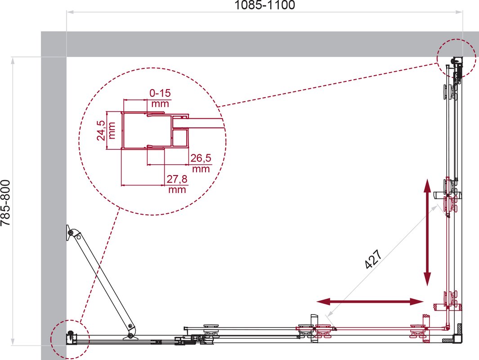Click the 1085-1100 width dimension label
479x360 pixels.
264,5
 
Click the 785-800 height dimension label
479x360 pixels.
5,202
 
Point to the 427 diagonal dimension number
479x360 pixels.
373,260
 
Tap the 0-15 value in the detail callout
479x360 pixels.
160,93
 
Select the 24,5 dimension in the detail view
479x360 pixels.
101,130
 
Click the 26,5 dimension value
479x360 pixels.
201,158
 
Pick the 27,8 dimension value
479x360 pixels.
177,179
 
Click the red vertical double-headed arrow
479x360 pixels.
427,233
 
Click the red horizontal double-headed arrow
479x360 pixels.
370,302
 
